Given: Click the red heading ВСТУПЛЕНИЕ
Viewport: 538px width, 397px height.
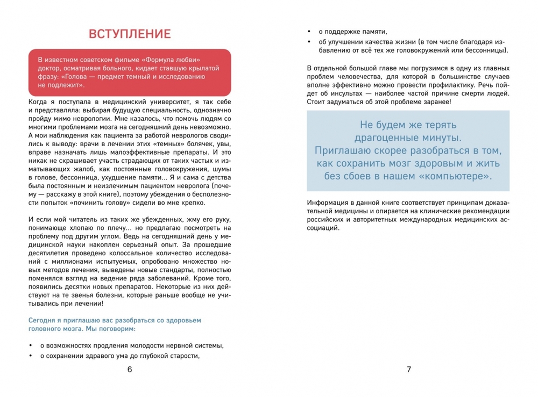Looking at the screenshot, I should [130, 34].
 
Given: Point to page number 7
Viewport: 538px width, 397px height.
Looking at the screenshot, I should [408, 370].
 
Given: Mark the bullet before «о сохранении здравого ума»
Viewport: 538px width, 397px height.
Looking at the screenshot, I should [31, 356].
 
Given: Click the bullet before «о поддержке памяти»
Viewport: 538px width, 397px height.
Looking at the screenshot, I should [310, 32].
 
